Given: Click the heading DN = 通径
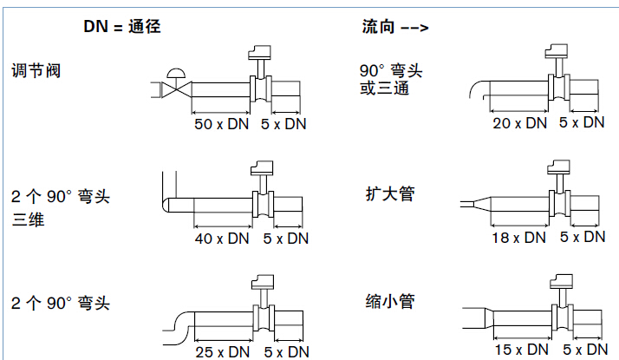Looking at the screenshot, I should click(122, 26).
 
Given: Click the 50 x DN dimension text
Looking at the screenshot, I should click(221, 125).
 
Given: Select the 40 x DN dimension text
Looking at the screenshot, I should click(222, 238).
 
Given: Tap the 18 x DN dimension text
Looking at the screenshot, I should click(518, 237).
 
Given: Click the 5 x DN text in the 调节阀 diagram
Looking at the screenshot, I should click(284, 125).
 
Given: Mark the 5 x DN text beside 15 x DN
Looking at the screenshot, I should click(583, 349).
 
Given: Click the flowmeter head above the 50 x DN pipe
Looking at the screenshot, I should click(258, 53).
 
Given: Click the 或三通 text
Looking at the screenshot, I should click(384, 88).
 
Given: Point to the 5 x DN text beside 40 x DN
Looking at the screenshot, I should click(285, 238).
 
